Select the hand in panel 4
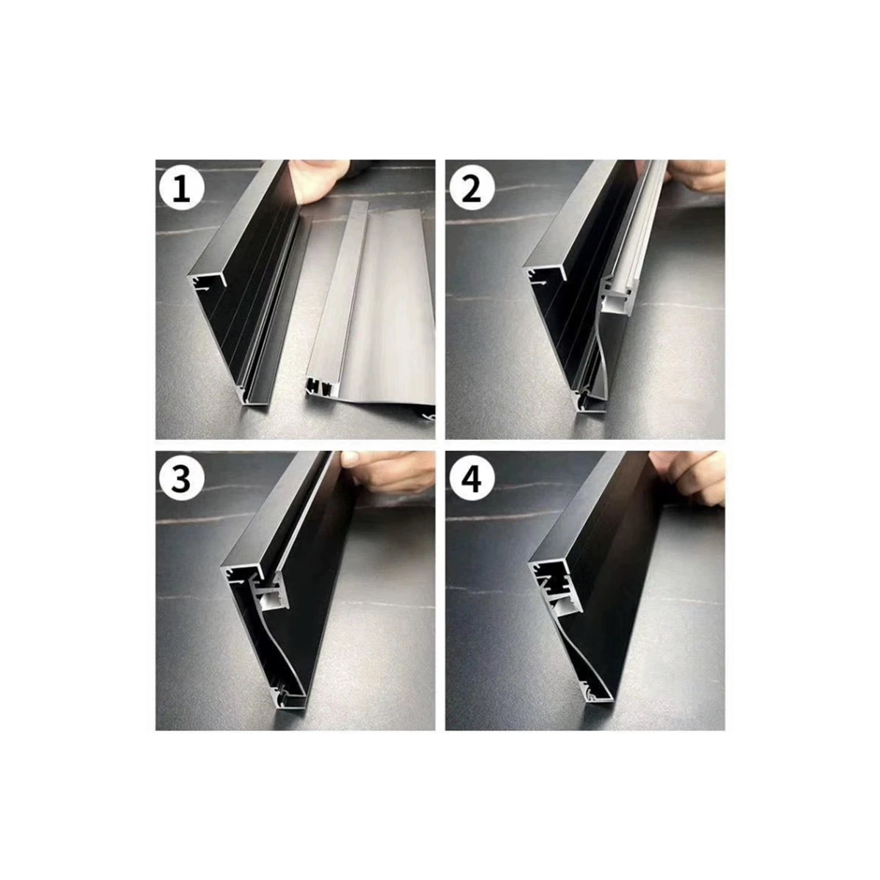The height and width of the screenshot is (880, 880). [693, 477]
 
